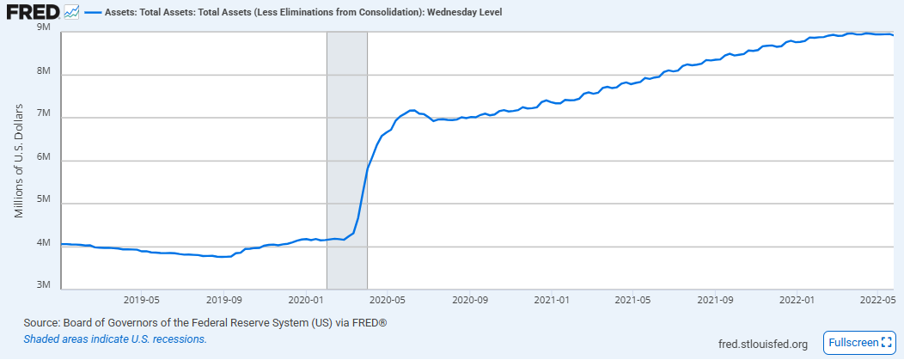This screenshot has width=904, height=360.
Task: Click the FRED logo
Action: click(33, 11)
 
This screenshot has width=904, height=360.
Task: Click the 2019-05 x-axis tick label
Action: click(142, 300)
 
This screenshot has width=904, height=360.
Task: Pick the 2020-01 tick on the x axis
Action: click(306, 300)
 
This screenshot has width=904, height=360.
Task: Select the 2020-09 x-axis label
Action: click(470, 300)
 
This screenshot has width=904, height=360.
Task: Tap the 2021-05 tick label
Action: click(633, 300)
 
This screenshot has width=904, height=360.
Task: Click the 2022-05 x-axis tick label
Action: click(877, 300)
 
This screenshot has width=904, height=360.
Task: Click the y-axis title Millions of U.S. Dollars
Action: click(19, 161)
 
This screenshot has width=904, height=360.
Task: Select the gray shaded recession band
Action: click(347, 161)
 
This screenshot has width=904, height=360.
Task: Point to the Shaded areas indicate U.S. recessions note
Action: click(115, 339)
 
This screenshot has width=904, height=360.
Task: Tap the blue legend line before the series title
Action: click(92, 11)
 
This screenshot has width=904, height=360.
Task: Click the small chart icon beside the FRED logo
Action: click(71, 11)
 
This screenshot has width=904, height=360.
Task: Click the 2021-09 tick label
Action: click(715, 300)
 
